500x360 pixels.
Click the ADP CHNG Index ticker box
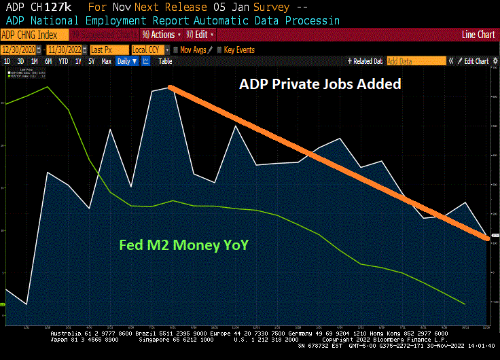34,34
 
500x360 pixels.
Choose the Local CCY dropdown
149,50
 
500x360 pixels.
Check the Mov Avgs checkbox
176,50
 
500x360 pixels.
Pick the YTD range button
63,61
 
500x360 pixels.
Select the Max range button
107,61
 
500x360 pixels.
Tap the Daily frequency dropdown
126,61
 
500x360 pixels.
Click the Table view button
165,61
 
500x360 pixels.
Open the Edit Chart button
476,61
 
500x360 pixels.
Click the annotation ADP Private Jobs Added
320,84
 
